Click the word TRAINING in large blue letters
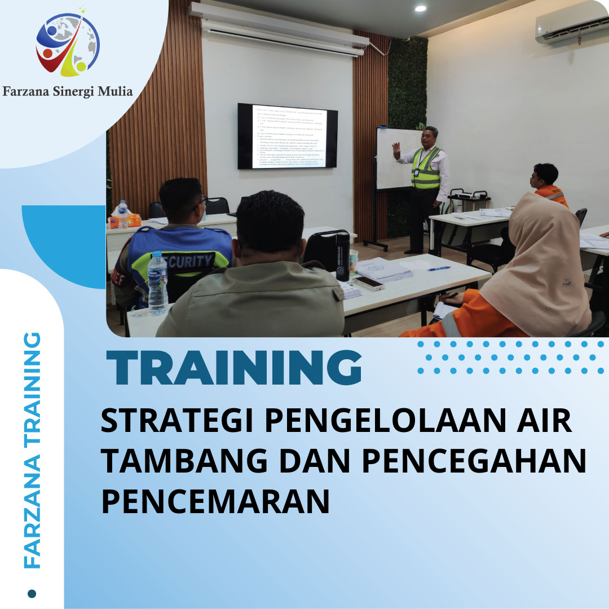234,368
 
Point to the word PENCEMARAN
215,501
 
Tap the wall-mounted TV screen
287,136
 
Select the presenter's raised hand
396,149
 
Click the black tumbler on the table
343,257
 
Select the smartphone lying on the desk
369,283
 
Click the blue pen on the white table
438,268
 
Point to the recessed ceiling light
420,8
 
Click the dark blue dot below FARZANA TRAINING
32,594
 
